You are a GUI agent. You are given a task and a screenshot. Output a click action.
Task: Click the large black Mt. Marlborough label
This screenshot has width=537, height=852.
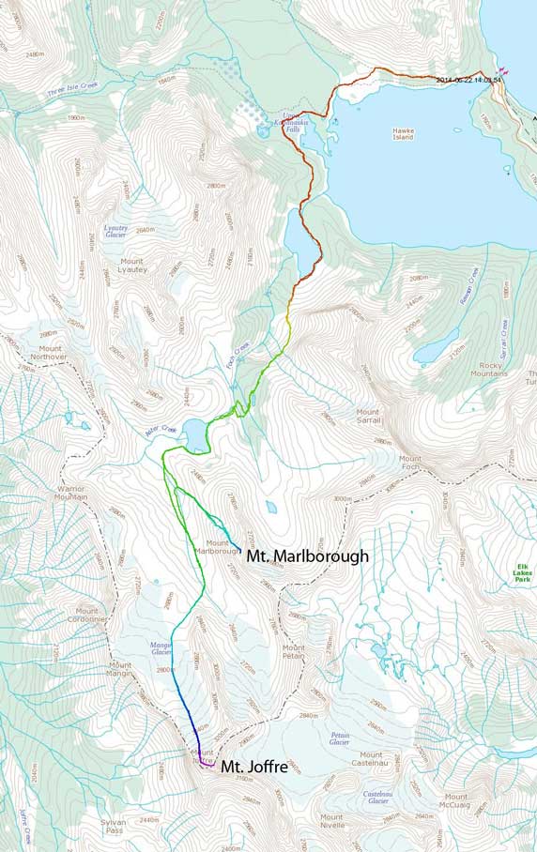coord(307,556)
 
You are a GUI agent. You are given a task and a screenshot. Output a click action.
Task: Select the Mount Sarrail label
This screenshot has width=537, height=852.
coord(367,417)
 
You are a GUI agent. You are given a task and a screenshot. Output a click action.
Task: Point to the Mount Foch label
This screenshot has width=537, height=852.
coord(410,463)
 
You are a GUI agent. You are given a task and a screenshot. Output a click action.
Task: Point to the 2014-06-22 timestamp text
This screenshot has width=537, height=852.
coord(469,80)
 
